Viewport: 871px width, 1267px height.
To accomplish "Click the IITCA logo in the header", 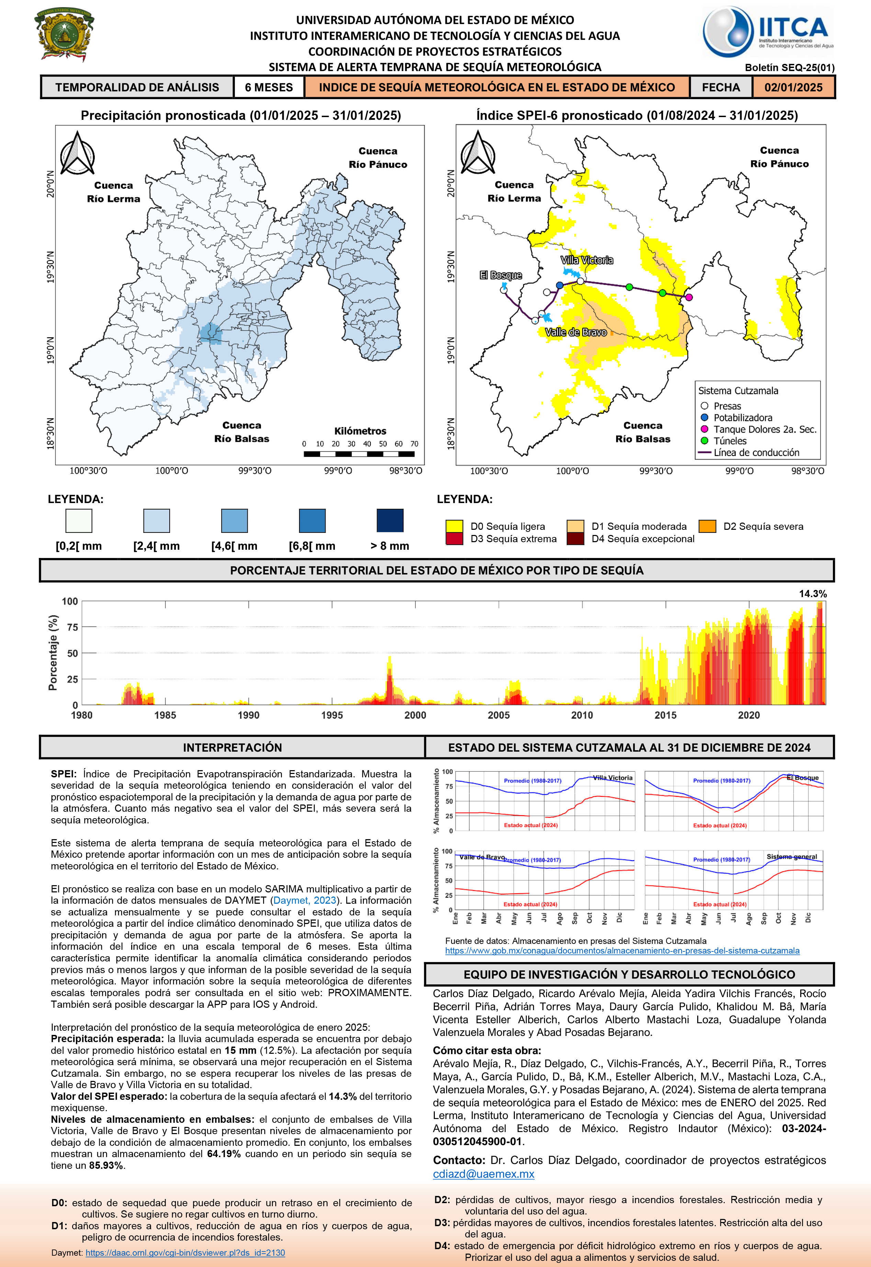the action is pyautogui.click(x=768, y=32).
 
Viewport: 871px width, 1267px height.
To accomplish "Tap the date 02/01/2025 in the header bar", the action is pyautogui.click(x=793, y=87).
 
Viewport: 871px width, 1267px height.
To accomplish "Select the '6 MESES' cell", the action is pyautogui.click(x=269, y=87).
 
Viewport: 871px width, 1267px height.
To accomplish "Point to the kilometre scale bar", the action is pyautogui.click(x=359, y=454).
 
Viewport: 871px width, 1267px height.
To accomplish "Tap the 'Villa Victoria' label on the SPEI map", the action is pyautogui.click(x=587, y=260).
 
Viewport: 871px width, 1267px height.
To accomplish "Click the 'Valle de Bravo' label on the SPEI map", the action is pyautogui.click(x=576, y=332).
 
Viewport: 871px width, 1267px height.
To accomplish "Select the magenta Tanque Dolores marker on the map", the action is pyautogui.click(x=689, y=297).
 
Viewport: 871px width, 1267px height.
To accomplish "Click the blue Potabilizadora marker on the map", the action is pyautogui.click(x=559, y=285).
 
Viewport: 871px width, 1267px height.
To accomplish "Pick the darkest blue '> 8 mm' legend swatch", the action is pyautogui.click(x=390, y=521).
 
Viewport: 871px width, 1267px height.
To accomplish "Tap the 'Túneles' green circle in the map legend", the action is pyautogui.click(x=704, y=441).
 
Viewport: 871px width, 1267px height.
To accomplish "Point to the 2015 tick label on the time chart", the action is pyautogui.click(x=665, y=715).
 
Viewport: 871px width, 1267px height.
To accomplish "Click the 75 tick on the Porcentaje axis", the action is pyautogui.click(x=72, y=628).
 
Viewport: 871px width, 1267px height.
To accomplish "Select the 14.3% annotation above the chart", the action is pyautogui.click(x=813, y=594).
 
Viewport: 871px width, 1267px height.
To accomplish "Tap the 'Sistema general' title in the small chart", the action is pyautogui.click(x=792, y=857).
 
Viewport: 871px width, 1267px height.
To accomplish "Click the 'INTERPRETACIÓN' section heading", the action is pyautogui.click(x=233, y=747).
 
